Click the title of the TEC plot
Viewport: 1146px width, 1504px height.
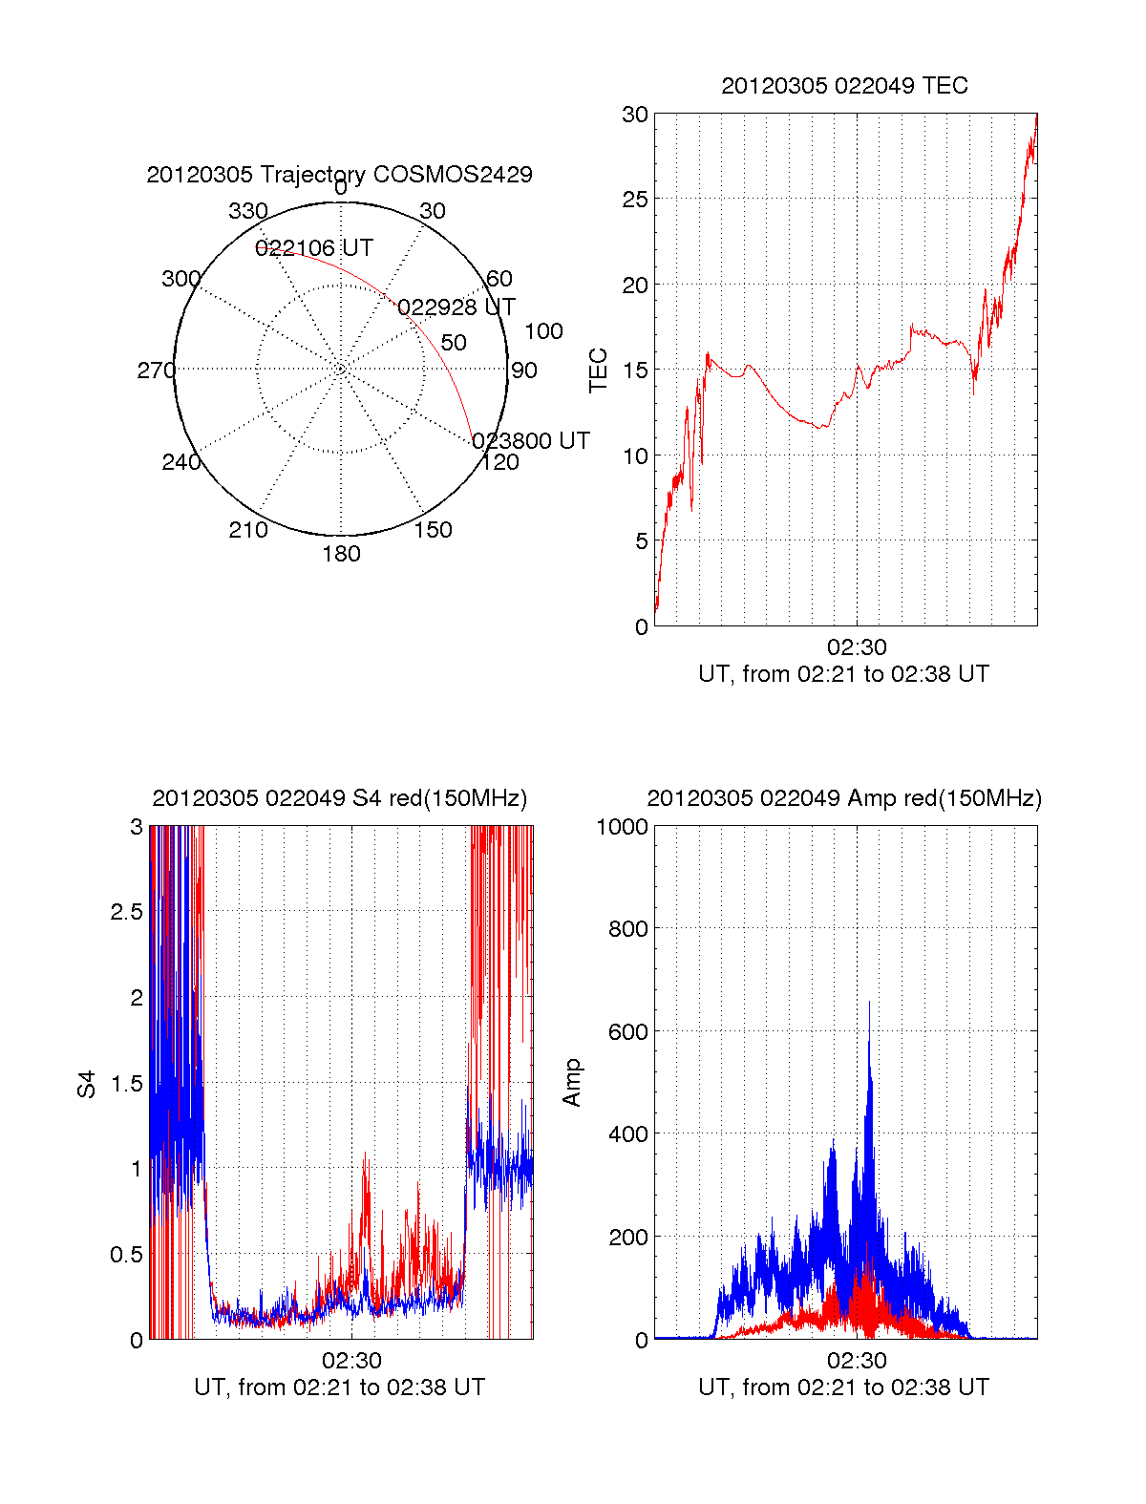coord(844,86)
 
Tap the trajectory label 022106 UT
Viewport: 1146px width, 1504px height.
coord(313,248)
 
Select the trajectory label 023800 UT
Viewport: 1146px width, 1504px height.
coord(531,440)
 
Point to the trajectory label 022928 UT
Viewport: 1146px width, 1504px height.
coord(456,307)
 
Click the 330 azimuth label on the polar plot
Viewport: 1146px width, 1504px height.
coord(248,211)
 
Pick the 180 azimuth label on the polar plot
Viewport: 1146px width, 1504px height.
coord(341,554)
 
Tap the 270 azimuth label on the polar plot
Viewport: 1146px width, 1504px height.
coord(156,371)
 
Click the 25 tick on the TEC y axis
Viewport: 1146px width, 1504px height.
coord(635,200)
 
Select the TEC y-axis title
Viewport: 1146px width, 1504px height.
coord(599,371)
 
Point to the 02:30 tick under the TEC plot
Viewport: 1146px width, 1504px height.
coord(857,647)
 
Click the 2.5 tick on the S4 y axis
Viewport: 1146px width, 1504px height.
coord(126,912)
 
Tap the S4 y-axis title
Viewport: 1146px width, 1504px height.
coord(87,1084)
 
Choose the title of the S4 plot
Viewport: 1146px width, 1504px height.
coord(339,798)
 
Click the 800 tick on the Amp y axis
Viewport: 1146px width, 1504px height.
coord(627,929)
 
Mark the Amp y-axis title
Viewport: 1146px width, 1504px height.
coord(572,1083)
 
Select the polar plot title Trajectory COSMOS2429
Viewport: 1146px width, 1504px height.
coord(339,175)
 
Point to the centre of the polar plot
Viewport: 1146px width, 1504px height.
coord(341,369)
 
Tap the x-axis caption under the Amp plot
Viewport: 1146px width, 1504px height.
coord(843,1387)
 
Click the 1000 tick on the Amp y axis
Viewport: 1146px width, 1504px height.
coord(622,827)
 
